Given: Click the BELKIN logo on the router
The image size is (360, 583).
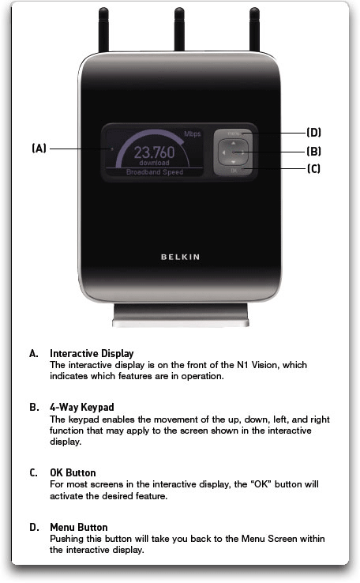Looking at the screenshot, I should click(x=180, y=257).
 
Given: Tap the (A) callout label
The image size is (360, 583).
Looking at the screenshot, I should click(x=39, y=148).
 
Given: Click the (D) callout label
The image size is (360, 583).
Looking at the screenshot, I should click(x=313, y=132).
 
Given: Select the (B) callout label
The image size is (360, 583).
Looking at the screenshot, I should click(x=313, y=150).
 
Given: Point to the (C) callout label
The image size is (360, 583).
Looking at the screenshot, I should click(x=313, y=168).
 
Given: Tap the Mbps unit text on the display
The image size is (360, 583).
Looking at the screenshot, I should click(x=193, y=134).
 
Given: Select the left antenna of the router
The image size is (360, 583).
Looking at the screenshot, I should click(x=104, y=32).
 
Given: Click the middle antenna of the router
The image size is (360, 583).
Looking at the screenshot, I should click(x=179, y=32).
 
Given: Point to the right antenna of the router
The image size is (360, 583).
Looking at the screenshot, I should click(x=254, y=32).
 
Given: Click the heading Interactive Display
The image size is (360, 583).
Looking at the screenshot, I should click(x=92, y=353).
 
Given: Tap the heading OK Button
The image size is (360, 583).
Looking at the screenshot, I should click(x=73, y=472).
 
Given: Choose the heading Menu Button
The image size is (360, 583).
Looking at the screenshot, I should click(x=79, y=527).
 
